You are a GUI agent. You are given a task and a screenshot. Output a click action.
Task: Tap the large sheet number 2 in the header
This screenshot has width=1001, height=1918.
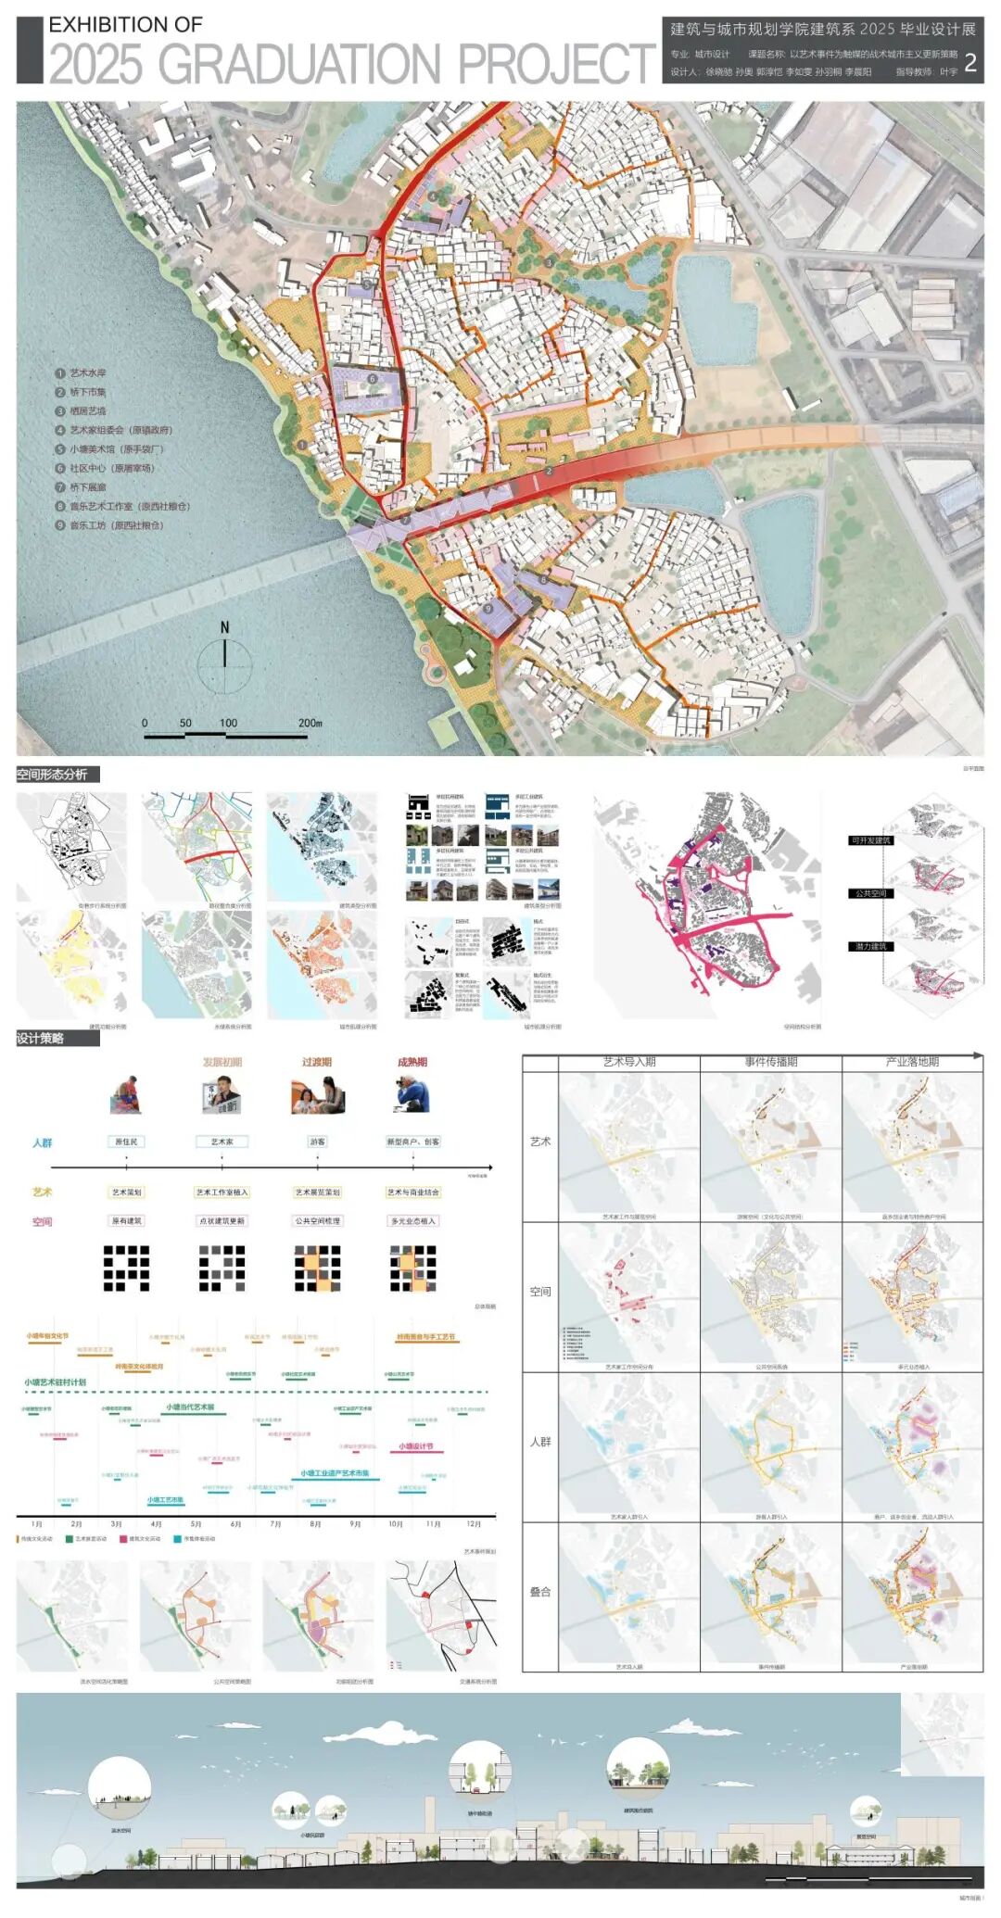(x=969, y=63)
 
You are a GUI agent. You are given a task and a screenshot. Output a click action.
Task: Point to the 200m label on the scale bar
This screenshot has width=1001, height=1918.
(x=310, y=723)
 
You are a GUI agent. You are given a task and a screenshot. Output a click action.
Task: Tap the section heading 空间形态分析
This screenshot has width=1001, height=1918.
(x=52, y=775)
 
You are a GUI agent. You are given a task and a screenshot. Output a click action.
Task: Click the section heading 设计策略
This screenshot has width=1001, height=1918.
(x=41, y=1039)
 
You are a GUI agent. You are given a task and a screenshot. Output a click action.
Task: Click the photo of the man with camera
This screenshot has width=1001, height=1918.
(x=411, y=1094)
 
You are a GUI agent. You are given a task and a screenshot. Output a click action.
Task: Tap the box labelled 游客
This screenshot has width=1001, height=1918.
(x=318, y=1142)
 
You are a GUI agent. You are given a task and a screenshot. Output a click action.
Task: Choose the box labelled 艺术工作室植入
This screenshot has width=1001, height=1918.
(x=222, y=1192)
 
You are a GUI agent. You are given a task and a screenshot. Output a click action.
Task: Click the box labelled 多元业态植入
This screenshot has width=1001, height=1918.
(x=413, y=1221)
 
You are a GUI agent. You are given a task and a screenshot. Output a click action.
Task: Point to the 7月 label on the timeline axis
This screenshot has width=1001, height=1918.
(x=275, y=1524)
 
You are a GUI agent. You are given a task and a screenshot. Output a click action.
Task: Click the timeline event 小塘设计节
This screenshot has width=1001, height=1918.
(x=416, y=1446)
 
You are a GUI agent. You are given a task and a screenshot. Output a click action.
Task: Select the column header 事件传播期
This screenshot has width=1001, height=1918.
(x=771, y=1062)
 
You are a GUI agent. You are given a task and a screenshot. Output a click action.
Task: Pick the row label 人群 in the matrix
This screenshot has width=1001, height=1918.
(x=540, y=1442)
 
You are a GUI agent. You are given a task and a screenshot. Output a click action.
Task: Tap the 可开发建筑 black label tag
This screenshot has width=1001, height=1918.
(x=870, y=840)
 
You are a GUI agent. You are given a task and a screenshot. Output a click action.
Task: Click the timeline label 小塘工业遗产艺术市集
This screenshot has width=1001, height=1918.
(x=335, y=1473)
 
